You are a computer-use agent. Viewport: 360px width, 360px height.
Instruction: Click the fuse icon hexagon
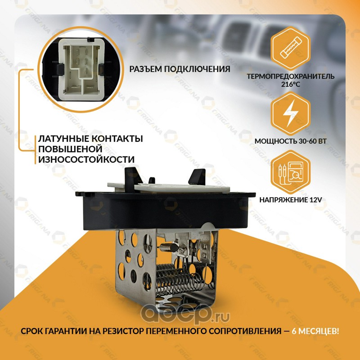point(290,49)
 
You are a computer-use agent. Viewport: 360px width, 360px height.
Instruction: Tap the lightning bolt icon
point(290,113)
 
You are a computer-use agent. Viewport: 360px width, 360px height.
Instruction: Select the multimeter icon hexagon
point(290,172)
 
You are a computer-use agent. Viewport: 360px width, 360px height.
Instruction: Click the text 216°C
point(290,84)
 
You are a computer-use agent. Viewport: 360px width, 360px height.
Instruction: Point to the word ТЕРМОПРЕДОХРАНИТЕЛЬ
point(290,76)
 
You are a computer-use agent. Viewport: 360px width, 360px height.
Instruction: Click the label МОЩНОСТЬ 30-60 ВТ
point(290,141)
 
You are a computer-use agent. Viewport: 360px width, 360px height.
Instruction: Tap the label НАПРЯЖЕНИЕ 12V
point(290,200)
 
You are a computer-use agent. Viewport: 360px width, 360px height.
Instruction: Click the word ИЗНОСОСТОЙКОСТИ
point(86,159)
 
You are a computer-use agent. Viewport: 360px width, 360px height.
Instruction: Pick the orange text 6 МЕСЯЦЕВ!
point(315,331)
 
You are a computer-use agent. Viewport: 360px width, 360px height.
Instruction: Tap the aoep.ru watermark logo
point(185,315)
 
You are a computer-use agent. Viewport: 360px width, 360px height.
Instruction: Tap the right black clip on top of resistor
point(197,176)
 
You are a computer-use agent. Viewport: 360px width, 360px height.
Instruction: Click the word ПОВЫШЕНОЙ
point(70,149)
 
